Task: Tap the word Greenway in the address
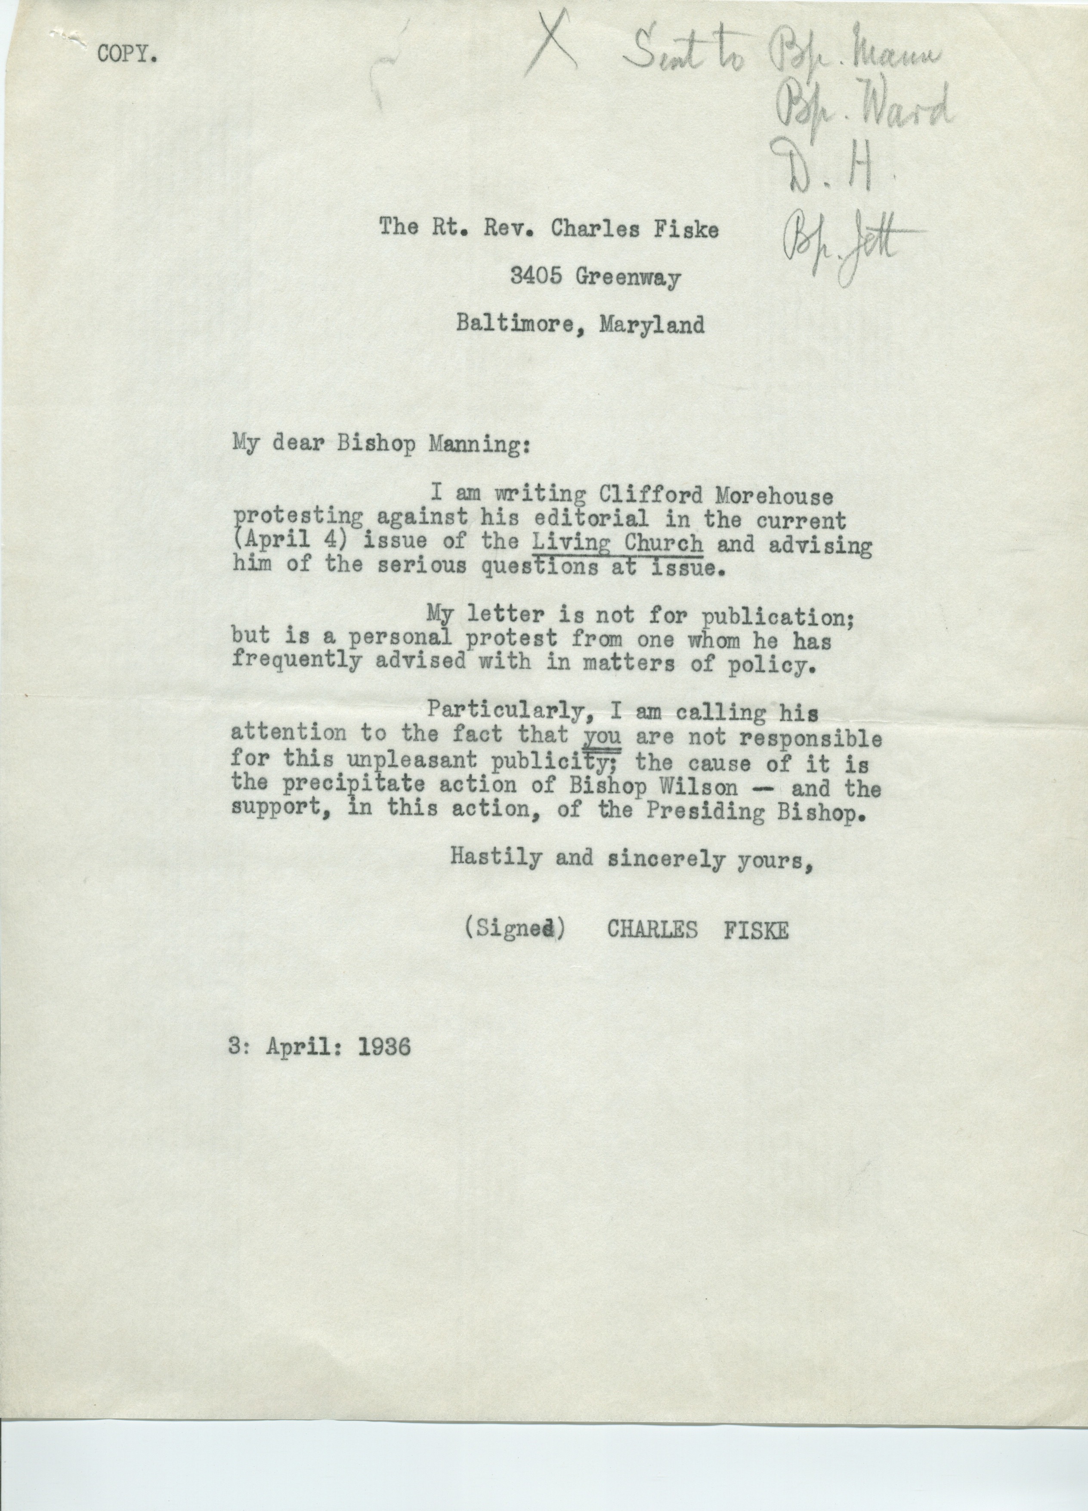click(x=628, y=276)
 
